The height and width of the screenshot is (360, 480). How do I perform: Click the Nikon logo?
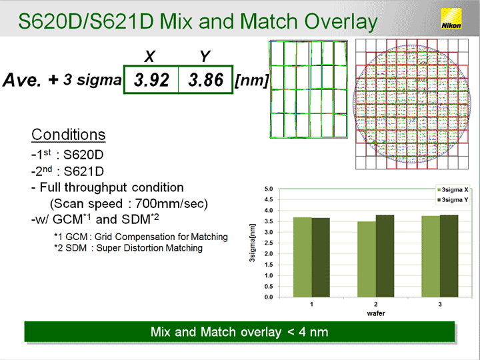click(451, 19)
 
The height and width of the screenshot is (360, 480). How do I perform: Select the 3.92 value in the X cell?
click(151, 80)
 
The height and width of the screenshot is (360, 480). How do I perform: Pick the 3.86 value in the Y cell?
click(206, 80)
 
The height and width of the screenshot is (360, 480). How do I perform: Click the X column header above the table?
click(150, 56)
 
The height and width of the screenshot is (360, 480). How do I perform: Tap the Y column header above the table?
click(205, 56)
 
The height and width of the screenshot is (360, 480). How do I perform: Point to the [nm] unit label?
click(251, 81)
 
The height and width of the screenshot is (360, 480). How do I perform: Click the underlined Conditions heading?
click(68, 135)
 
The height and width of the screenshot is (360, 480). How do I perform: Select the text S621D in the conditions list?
click(83, 171)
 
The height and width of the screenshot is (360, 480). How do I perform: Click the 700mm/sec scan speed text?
click(171, 203)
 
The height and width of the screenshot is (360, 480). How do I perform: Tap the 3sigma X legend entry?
click(453, 190)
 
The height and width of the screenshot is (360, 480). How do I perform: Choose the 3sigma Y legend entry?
click(453, 200)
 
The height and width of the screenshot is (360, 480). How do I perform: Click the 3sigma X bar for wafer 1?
click(303, 257)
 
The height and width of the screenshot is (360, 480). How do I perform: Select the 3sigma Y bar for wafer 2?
click(385, 256)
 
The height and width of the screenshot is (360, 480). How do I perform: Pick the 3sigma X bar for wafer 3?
click(431, 257)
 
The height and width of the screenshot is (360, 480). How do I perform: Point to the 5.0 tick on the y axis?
click(269, 189)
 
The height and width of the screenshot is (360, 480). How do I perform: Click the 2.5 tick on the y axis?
click(269, 243)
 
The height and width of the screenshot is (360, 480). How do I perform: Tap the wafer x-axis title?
click(375, 313)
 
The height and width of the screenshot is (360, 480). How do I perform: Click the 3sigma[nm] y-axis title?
click(252, 243)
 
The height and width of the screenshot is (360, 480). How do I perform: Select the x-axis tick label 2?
click(375, 304)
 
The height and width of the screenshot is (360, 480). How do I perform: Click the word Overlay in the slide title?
click(341, 22)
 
